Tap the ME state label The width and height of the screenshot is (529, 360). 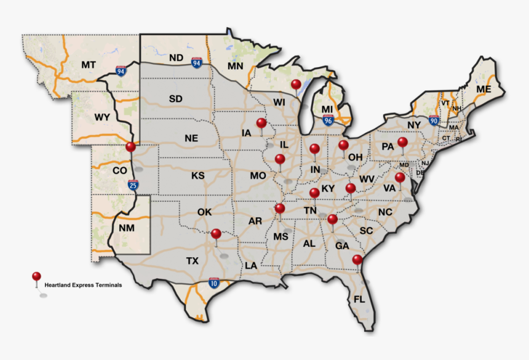[484, 90]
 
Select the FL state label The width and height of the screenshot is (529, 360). [359, 300]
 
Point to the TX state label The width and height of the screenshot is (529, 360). [193, 261]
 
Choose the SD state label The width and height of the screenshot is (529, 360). [176, 98]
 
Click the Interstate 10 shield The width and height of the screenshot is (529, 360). [213, 282]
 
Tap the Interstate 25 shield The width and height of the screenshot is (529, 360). [133, 183]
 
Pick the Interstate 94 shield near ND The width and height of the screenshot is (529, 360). [196, 62]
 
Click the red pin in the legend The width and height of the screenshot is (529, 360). [37, 276]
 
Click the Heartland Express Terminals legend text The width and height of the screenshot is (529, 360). [82, 285]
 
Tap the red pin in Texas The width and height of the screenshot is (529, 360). [216, 234]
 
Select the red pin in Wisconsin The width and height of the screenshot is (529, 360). [296, 85]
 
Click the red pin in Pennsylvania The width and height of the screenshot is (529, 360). [402, 143]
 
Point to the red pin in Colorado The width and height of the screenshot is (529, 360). [130, 147]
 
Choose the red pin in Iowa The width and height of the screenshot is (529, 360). [261, 122]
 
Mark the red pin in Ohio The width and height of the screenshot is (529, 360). [343, 145]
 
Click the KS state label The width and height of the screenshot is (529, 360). [197, 175]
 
